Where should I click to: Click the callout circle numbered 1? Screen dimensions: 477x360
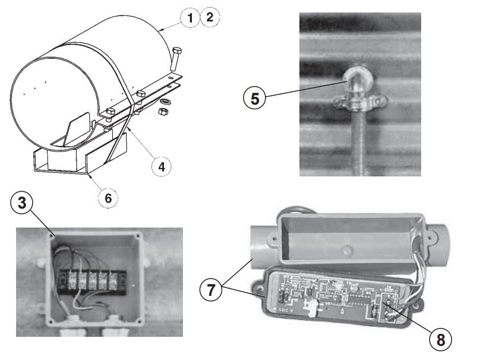tap(190, 18)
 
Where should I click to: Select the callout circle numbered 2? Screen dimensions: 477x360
tap(210, 17)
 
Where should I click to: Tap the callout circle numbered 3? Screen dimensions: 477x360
tap(22, 203)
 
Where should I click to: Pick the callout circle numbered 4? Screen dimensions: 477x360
tap(162, 166)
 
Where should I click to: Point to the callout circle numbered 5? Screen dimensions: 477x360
tap(255, 98)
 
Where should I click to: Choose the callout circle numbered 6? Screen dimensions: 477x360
tap(108, 198)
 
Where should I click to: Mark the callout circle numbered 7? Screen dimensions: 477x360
tap(211, 289)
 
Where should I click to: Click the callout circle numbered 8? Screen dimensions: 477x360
tap(441, 339)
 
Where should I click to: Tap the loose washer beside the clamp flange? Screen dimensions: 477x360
tap(165, 102)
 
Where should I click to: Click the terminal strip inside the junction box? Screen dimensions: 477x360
tap(92, 282)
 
